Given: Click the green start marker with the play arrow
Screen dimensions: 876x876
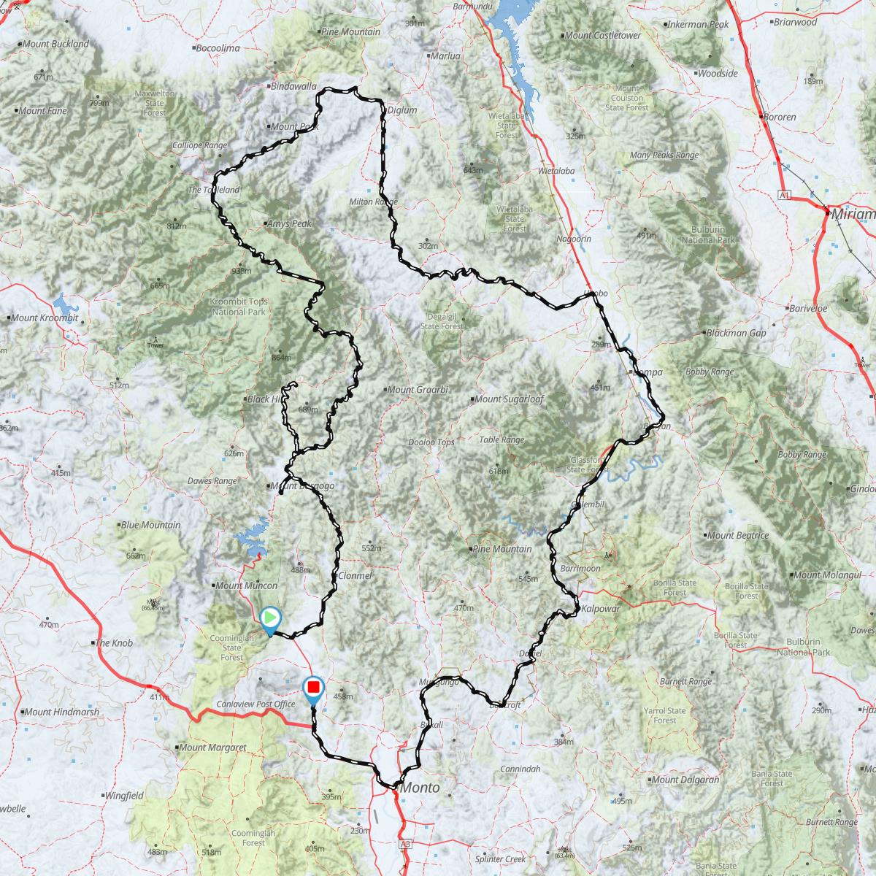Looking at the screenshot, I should pyautogui.click(x=270, y=618).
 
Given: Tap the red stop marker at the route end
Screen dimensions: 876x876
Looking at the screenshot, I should pyautogui.click(x=314, y=688).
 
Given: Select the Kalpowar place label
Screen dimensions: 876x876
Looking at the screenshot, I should pyautogui.click(x=602, y=607).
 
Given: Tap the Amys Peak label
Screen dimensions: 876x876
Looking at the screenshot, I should pyautogui.click(x=289, y=224).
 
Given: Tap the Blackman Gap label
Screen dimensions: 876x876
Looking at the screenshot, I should pyautogui.click(x=735, y=333).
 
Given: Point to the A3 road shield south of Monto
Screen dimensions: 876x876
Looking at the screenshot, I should pyautogui.click(x=406, y=844).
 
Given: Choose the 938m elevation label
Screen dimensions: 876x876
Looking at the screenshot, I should pyautogui.click(x=240, y=271).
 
